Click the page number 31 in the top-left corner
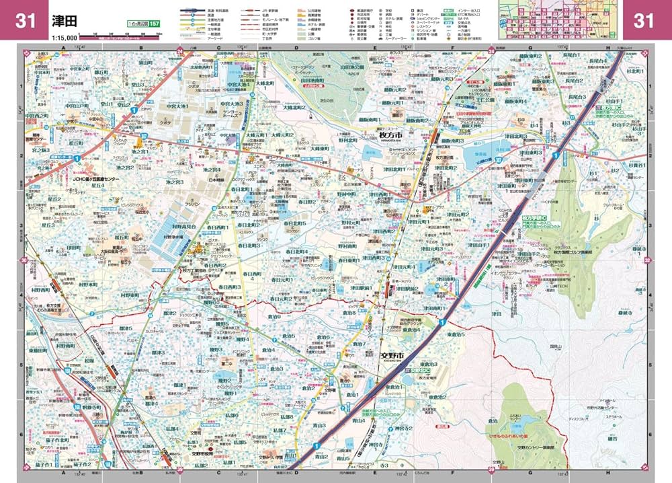point(25,21)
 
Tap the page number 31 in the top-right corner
point(644,21)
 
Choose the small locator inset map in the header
point(559,17)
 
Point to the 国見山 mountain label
point(555,346)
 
